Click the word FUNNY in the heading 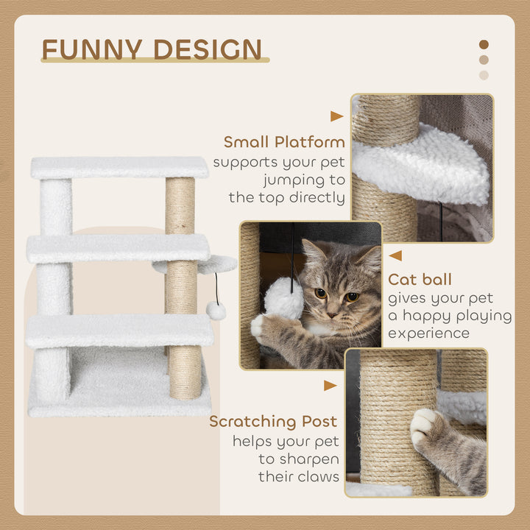coord(87,49)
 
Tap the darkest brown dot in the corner coord(484,44)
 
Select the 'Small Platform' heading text coord(284,142)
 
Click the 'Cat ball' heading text coord(420,280)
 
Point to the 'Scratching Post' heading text coord(273,422)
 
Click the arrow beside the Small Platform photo coord(336,116)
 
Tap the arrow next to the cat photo coord(395,255)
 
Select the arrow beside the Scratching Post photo coord(331,385)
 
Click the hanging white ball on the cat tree coord(216,311)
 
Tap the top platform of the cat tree coord(119,167)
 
